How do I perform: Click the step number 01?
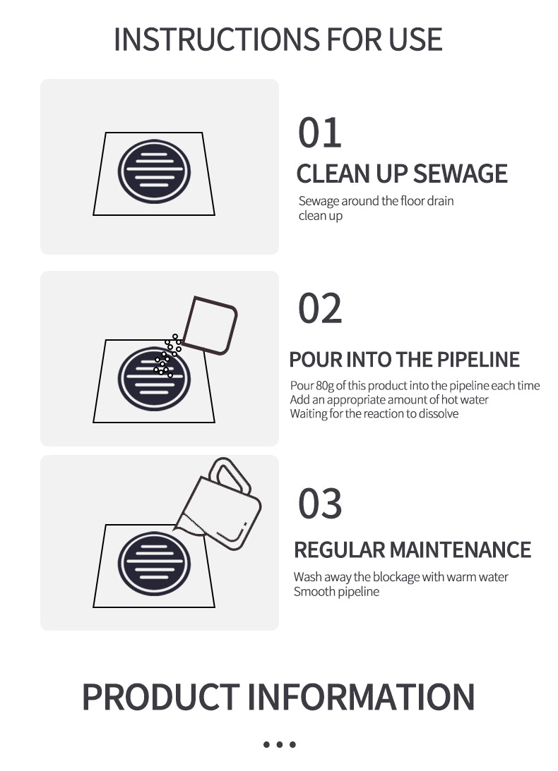(320, 133)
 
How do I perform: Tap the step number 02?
(320, 308)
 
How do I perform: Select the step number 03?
(320, 504)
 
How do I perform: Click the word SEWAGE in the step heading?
(460, 174)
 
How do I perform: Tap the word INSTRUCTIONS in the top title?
(216, 40)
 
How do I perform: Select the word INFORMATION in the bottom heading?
(360, 697)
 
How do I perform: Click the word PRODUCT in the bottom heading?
(160, 697)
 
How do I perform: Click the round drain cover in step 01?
(154, 171)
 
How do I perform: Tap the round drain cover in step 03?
(154, 564)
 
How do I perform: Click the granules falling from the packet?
(167, 356)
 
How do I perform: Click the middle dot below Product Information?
(279, 744)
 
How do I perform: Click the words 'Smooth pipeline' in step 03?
(336, 592)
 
